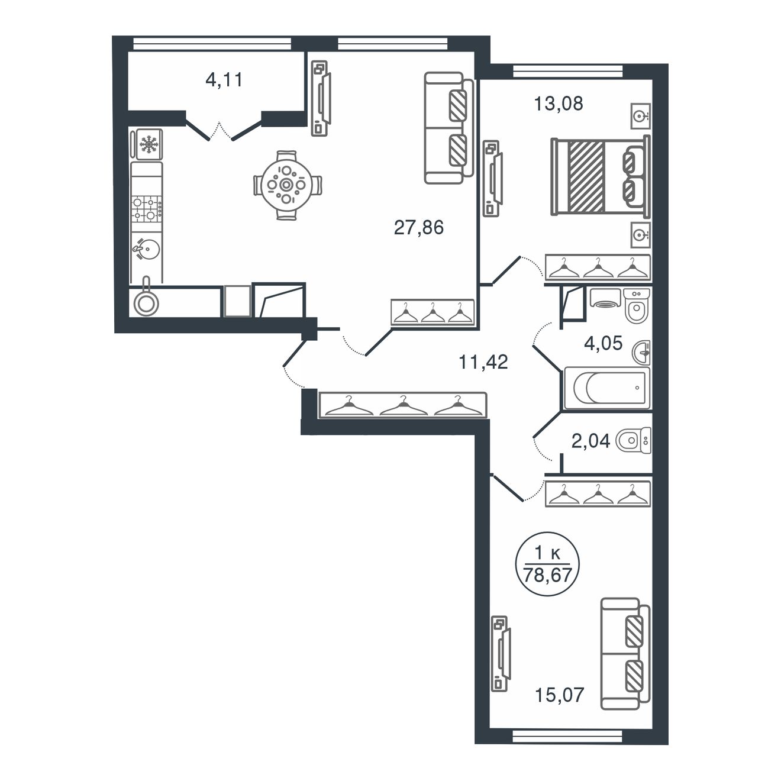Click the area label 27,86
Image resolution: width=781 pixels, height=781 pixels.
pos(419,228)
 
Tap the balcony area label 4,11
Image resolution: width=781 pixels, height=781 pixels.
pos(224,79)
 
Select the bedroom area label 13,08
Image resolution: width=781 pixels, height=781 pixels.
pos(559,104)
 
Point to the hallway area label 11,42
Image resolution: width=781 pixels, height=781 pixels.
pos(483,362)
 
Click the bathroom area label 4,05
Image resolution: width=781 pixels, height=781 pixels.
pos(603,343)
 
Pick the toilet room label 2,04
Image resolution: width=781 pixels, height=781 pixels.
pos(590,441)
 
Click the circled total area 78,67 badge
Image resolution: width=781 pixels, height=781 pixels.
pos(547,564)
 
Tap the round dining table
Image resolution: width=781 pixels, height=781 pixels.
pos(288,185)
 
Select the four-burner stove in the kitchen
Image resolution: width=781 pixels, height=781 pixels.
pos(147,209)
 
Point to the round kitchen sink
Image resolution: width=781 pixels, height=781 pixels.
pos(147,249)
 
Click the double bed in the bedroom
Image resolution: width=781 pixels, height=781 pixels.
pos(601,176)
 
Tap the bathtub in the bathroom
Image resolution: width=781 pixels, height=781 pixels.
pos(606,388)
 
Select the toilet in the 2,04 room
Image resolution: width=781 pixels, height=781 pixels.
pos(633,441)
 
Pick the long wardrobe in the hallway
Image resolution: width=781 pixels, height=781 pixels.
pos(403,405)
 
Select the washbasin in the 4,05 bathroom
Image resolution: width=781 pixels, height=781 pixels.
pos(641,351)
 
